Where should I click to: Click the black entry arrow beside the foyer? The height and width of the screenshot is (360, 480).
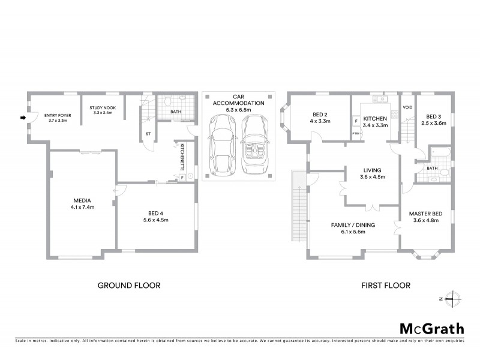coord(23,118)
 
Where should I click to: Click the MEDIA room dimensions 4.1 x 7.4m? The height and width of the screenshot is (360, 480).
coord(83,208)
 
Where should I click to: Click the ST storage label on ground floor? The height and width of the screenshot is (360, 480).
coord(148,134)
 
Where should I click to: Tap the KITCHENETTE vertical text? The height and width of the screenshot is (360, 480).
coord(182,157)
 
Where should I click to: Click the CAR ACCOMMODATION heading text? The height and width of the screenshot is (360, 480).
coord(239,103)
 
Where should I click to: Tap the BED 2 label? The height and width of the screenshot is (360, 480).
coord(319,115)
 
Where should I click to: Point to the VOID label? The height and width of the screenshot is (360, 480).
coord(408,108)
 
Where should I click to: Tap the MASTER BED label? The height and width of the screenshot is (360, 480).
coord(425,214)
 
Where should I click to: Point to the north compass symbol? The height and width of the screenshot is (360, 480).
coord(453,298)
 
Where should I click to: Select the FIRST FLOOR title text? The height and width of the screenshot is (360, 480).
coord(385,286)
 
